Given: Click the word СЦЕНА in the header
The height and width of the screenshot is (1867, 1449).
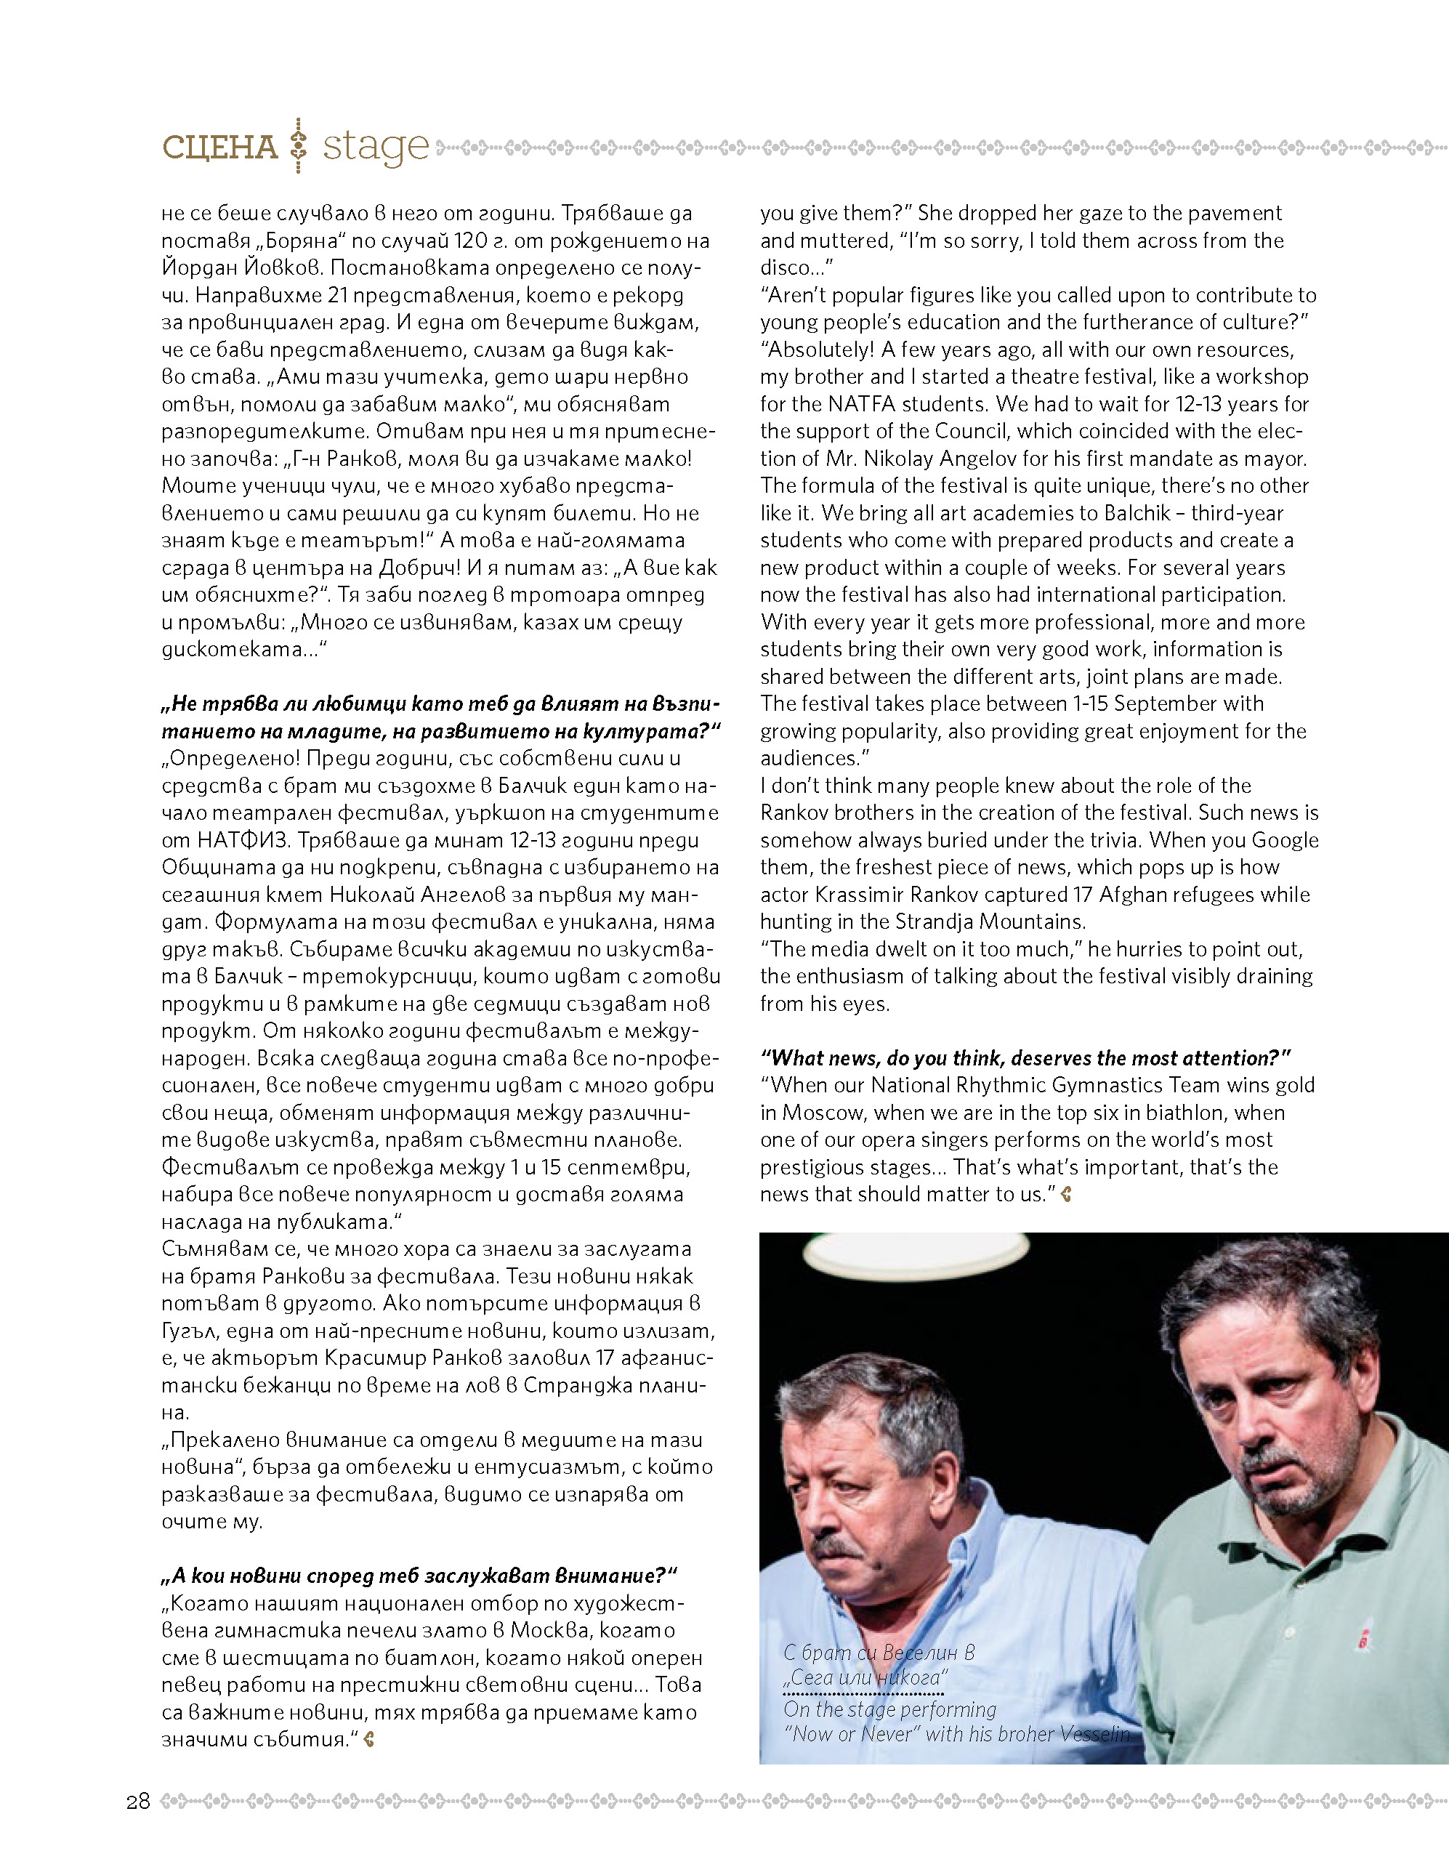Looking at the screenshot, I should point(219,147).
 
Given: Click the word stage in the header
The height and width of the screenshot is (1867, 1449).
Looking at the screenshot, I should point(375,147).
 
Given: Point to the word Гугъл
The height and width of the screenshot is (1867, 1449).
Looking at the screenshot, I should point(190,1331).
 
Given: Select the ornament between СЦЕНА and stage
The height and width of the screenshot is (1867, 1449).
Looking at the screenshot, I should point(299,146).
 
